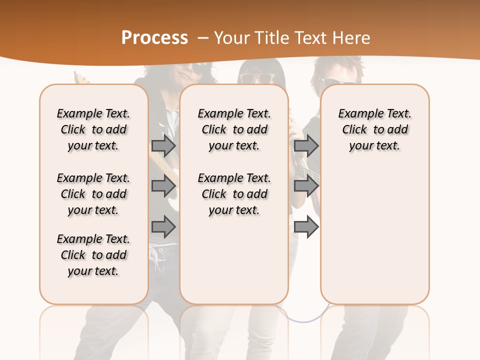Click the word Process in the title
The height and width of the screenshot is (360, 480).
coord(154,37)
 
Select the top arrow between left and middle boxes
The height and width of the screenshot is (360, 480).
coord(163,145)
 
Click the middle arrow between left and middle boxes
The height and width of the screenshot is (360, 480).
coord(163,186)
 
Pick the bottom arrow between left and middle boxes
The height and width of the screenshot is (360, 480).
coord(163,227)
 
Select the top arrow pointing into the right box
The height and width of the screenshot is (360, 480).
coord(306,145)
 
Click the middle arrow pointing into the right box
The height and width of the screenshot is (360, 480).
coord(306,186)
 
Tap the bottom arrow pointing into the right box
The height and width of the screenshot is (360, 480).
coord(306,227)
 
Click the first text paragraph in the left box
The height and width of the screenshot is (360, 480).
coord(93,129)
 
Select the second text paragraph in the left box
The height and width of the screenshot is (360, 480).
coord(93,194)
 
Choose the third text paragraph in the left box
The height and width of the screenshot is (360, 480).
coord(93,255)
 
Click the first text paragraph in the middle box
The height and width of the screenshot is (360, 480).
coord(234,129)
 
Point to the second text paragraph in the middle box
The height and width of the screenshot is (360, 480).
coord(234,194)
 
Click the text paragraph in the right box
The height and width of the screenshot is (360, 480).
coord(374,129)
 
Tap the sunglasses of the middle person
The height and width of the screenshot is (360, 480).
coord(257,78)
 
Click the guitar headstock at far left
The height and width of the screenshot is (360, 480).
coord(78,77)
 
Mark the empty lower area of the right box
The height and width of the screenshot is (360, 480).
coord(374,235)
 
